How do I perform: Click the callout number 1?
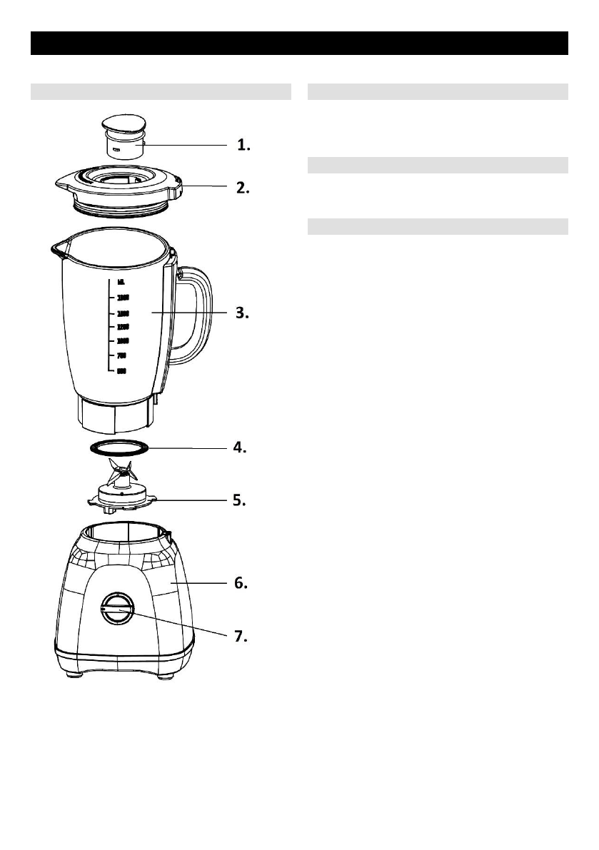point(243,146)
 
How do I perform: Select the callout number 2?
point(243,188)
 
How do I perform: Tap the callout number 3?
point(243,313)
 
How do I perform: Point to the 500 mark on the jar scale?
point(121,370)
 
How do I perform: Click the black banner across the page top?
point(299,43)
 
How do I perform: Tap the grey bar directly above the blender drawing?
point(161,91)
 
